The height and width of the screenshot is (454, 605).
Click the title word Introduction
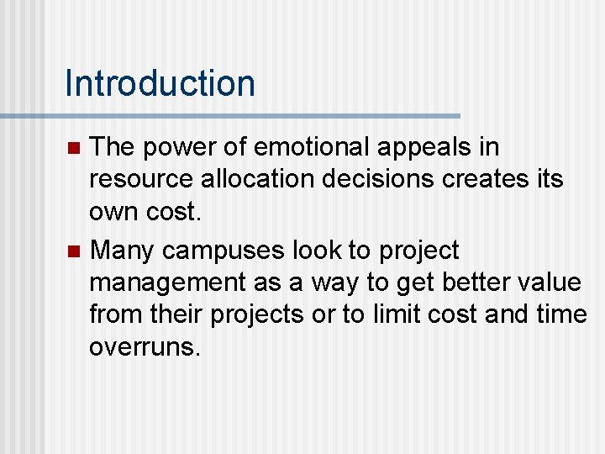coord(160,83)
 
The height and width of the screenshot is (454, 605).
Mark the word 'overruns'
coord(144,347)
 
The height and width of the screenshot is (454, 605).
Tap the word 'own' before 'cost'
coord(111,213)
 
